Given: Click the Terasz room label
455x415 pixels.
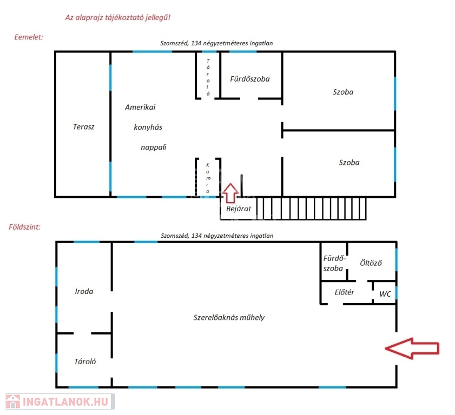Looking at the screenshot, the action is [83, 126].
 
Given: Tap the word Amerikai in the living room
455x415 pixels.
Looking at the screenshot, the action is [140, 107].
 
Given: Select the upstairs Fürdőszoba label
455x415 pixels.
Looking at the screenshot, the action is [250, 79].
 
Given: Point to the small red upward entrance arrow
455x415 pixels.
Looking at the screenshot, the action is [230, 193].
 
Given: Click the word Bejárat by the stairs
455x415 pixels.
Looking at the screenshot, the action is [239, 209].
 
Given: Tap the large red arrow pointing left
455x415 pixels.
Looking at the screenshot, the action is [412, 349].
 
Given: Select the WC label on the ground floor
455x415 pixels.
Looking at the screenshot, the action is [385, 294].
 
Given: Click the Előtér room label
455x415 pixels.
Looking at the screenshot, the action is [345, 292].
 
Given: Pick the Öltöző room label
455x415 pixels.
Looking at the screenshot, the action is [371, 263].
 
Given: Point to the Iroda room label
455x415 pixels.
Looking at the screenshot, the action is [84, 291].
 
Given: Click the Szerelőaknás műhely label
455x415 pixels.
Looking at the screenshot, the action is [229, 317].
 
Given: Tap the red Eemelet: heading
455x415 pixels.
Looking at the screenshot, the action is [29, 37].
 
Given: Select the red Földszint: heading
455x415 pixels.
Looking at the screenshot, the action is [24, 227].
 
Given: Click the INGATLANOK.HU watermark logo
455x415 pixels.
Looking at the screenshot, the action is [60, 401].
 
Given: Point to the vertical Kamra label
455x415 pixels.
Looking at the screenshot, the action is [208, 178].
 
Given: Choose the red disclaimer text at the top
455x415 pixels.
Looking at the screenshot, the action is [118, 17].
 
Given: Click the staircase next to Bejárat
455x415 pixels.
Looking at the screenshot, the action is [311, 209].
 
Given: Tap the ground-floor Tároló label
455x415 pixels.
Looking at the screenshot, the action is [85, 362].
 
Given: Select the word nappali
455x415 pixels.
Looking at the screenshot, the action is [154, 147].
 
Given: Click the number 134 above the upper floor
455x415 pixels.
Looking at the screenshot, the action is [196, 43].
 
